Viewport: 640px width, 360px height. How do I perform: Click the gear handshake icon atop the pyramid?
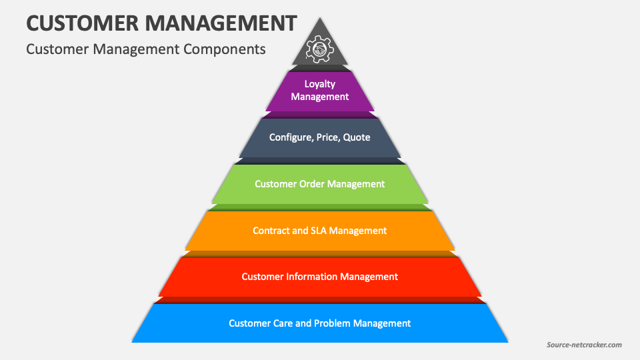[319, 49]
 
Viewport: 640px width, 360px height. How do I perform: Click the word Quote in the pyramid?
[357, 137]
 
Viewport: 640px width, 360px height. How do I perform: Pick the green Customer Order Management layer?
[320, 184]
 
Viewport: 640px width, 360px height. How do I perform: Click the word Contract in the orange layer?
[271, 231]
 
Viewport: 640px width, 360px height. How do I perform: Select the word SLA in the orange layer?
[319, 231]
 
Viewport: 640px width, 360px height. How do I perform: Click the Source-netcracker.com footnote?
[584, 345]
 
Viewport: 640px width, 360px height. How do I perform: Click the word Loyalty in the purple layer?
[320, 84]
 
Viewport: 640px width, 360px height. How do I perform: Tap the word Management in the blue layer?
[382, 323]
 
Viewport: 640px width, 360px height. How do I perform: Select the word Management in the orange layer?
[359, 231]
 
